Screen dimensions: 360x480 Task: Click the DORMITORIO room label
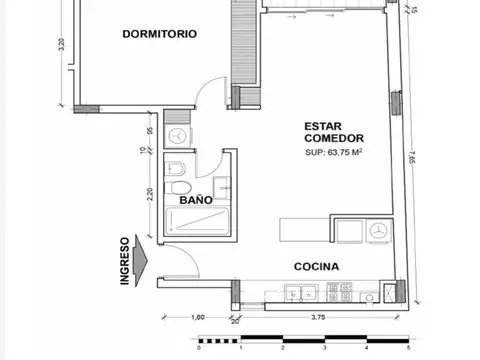[x=158, y=33]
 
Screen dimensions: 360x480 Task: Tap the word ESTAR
[x=323, y=126]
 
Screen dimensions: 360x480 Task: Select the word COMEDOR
[x=334, y=139]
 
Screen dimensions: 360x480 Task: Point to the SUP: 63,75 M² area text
[x=334, y=153]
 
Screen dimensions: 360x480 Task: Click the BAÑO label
[x=194, y=200]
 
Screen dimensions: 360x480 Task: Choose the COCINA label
[x=317, y=267]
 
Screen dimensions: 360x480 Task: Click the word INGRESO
[x=125, y=261]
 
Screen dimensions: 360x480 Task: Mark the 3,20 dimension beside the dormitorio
[x=62, y=47]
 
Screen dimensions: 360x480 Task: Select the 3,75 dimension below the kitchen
[x=318, y=318]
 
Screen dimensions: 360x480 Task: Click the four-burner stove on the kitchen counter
[x=342, y=293]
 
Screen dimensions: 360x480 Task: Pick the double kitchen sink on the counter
[x=297, y=293]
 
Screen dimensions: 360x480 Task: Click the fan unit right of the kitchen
[x=379, y=231]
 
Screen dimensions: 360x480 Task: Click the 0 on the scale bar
[x=200, y=350]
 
